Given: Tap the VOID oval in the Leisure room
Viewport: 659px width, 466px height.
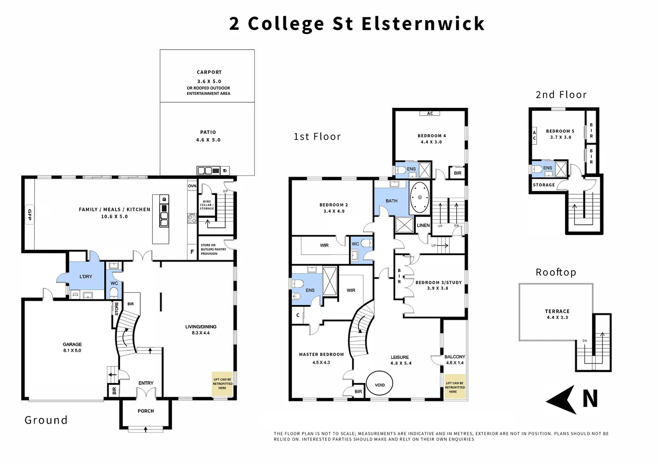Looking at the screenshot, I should (380, 385).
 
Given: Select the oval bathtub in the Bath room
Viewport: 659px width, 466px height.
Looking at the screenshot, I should (419, 198).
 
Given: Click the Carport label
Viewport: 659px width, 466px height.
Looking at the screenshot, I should (209, 72).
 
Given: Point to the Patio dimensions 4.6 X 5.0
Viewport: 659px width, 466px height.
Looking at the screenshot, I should (208, 140).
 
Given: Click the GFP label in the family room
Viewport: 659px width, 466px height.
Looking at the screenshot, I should (29, 214).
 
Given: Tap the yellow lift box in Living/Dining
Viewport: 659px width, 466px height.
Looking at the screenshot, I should (223, 384).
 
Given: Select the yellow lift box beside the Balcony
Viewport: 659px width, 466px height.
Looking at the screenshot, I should (455, 387).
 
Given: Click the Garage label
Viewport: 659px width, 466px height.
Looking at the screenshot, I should (72, 344).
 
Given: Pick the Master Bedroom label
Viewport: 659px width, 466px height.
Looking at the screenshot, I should (321, 354).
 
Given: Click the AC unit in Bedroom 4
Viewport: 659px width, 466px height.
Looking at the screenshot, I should (430, 113).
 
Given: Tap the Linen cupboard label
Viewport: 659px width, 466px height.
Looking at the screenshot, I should (423, 225).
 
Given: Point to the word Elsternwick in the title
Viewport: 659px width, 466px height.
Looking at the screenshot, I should (423, 23).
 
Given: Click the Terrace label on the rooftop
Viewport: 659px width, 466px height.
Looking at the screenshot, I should (557, 311).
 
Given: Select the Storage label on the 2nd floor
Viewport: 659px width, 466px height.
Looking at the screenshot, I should (544, 185).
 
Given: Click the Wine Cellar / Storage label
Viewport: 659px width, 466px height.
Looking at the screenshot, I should (207, 205).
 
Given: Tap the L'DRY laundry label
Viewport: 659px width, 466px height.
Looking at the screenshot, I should (86, 276).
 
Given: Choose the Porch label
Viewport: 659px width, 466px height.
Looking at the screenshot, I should (146, 411).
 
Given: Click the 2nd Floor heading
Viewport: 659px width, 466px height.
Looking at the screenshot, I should (561, 94).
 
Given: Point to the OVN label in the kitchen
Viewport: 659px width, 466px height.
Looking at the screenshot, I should (192, 186).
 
